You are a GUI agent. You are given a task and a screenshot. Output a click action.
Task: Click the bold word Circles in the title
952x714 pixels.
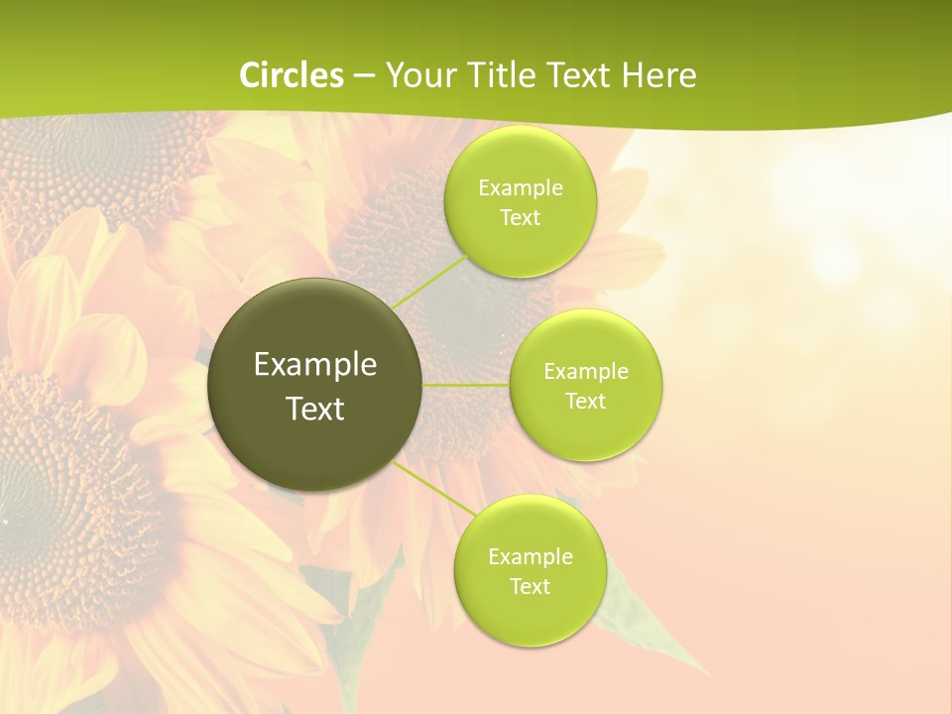point(292,74)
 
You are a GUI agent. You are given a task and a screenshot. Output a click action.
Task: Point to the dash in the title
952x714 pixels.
point(364,75)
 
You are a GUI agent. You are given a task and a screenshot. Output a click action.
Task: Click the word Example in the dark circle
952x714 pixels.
point(315,365)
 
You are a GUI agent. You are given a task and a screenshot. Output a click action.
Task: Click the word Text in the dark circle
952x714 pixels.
point(315,409)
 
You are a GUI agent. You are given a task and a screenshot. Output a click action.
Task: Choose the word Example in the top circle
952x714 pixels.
point(521,188)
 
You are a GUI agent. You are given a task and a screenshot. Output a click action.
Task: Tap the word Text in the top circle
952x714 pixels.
point(521,218)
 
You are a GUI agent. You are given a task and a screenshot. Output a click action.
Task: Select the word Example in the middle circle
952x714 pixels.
point(586,372)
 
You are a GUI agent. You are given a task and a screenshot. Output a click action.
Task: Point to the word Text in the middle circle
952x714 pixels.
point(586,402)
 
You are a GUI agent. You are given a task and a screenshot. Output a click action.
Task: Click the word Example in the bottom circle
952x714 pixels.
point(530,557)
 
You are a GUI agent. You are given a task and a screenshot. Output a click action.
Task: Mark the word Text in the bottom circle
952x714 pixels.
point(530,587)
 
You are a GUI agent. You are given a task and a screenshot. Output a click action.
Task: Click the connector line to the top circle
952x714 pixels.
point(429,282)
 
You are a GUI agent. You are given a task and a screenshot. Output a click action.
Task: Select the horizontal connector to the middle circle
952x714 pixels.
point(466,385)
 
